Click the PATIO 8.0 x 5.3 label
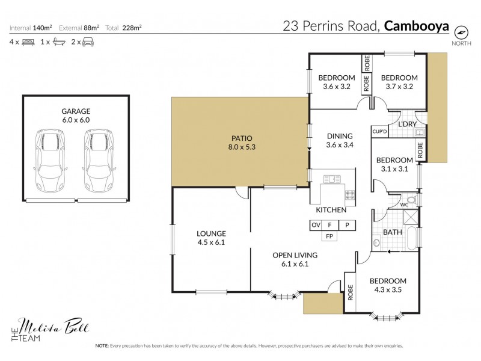click(240, 141)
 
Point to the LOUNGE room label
click(211, 237)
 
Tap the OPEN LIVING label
click(295, 259)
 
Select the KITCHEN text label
click(331, 210)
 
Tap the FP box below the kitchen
click(330, 236)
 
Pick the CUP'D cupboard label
click(379, 132)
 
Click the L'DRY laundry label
click(408, 124)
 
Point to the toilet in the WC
click(410, 200)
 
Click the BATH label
click(393, 232)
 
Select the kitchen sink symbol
click(331, 179)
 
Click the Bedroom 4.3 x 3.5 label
click(388, 285)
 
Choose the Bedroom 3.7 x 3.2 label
click(399, 82)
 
